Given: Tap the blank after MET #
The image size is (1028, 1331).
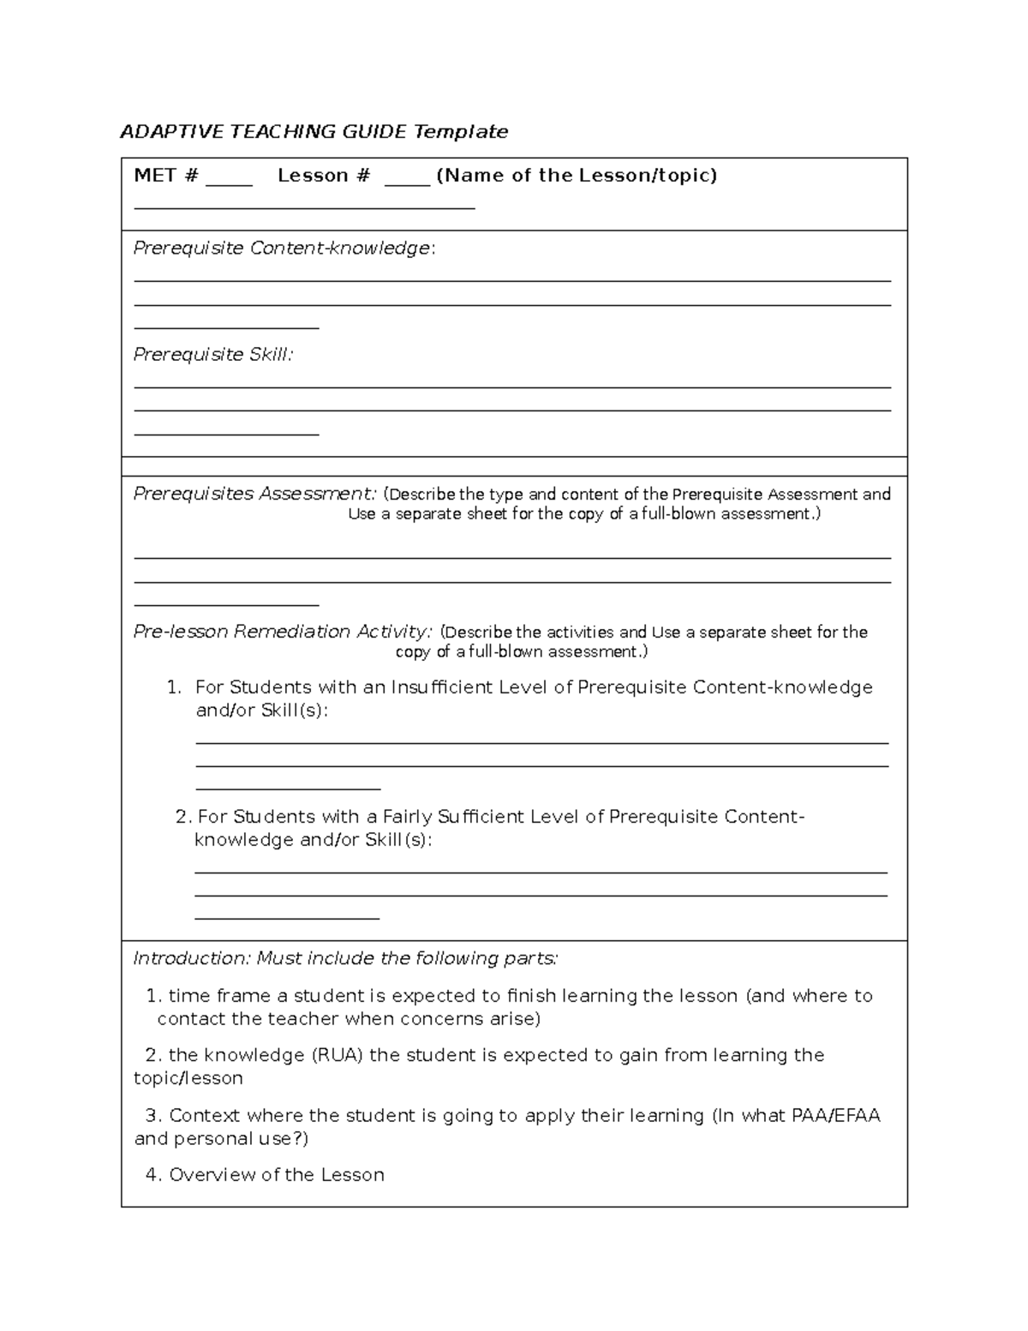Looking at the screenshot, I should click(x=229, y=178).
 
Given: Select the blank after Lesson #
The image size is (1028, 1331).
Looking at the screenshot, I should click(x=407, y=178).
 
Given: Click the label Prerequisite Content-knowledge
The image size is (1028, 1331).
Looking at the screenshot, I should click(x=282, y=249).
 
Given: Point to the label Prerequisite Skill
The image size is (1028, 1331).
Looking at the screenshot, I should click(x=212, y=355).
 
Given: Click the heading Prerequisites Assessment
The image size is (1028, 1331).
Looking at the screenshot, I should click(x=254, y=494).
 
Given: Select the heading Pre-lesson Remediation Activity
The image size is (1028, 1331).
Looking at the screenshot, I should click(x=282, y=632).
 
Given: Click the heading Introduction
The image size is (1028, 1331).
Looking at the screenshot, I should click(x=189, y=958).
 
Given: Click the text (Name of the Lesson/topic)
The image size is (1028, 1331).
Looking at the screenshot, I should click(x=577, y=176).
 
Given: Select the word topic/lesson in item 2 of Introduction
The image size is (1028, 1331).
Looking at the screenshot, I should click(x=188, y=1078).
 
